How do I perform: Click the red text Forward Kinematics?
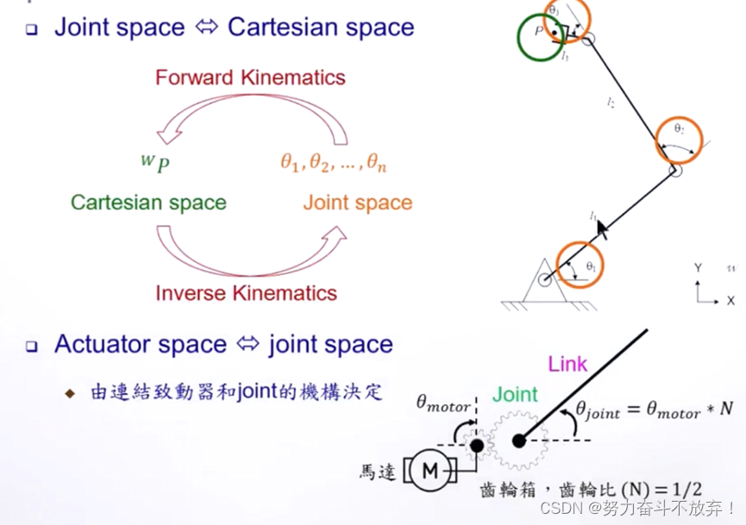(250, 78)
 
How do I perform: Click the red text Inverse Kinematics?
(246, 293)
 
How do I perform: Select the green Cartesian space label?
(148, 203)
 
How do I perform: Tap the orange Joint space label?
(358, 203)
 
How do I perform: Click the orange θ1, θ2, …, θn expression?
(333, 161)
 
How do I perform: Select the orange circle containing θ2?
(680, 138)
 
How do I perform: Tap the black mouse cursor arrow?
(603, 228)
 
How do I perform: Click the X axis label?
(730, 301)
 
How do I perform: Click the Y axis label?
(698, 269)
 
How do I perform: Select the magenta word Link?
(567, 363)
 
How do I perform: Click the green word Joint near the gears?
(515, 395)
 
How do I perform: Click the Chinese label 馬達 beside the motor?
(378, 472)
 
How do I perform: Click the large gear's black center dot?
(518, 441)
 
